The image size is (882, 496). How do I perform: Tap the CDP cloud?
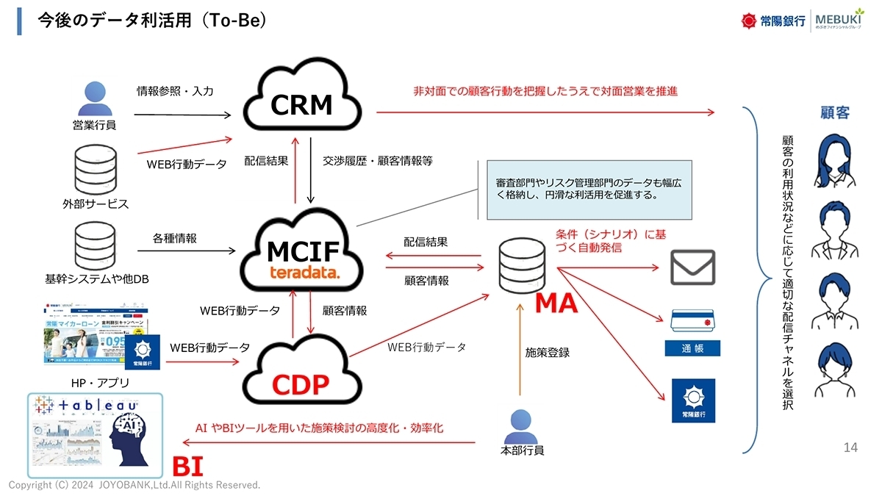tap(301, 371)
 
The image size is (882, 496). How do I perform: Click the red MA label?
tap(556, 303)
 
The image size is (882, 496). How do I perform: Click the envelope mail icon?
tap(692, 267)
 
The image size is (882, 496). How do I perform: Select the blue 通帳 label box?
tap(692, 348)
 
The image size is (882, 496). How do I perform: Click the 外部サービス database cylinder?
tap(95, 168)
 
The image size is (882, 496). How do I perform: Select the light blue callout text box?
tap(589, 190)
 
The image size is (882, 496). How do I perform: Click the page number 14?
tap(850, 448)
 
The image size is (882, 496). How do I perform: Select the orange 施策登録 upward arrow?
tap(520, 353)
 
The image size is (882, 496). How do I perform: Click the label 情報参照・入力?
tap(175, 91)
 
